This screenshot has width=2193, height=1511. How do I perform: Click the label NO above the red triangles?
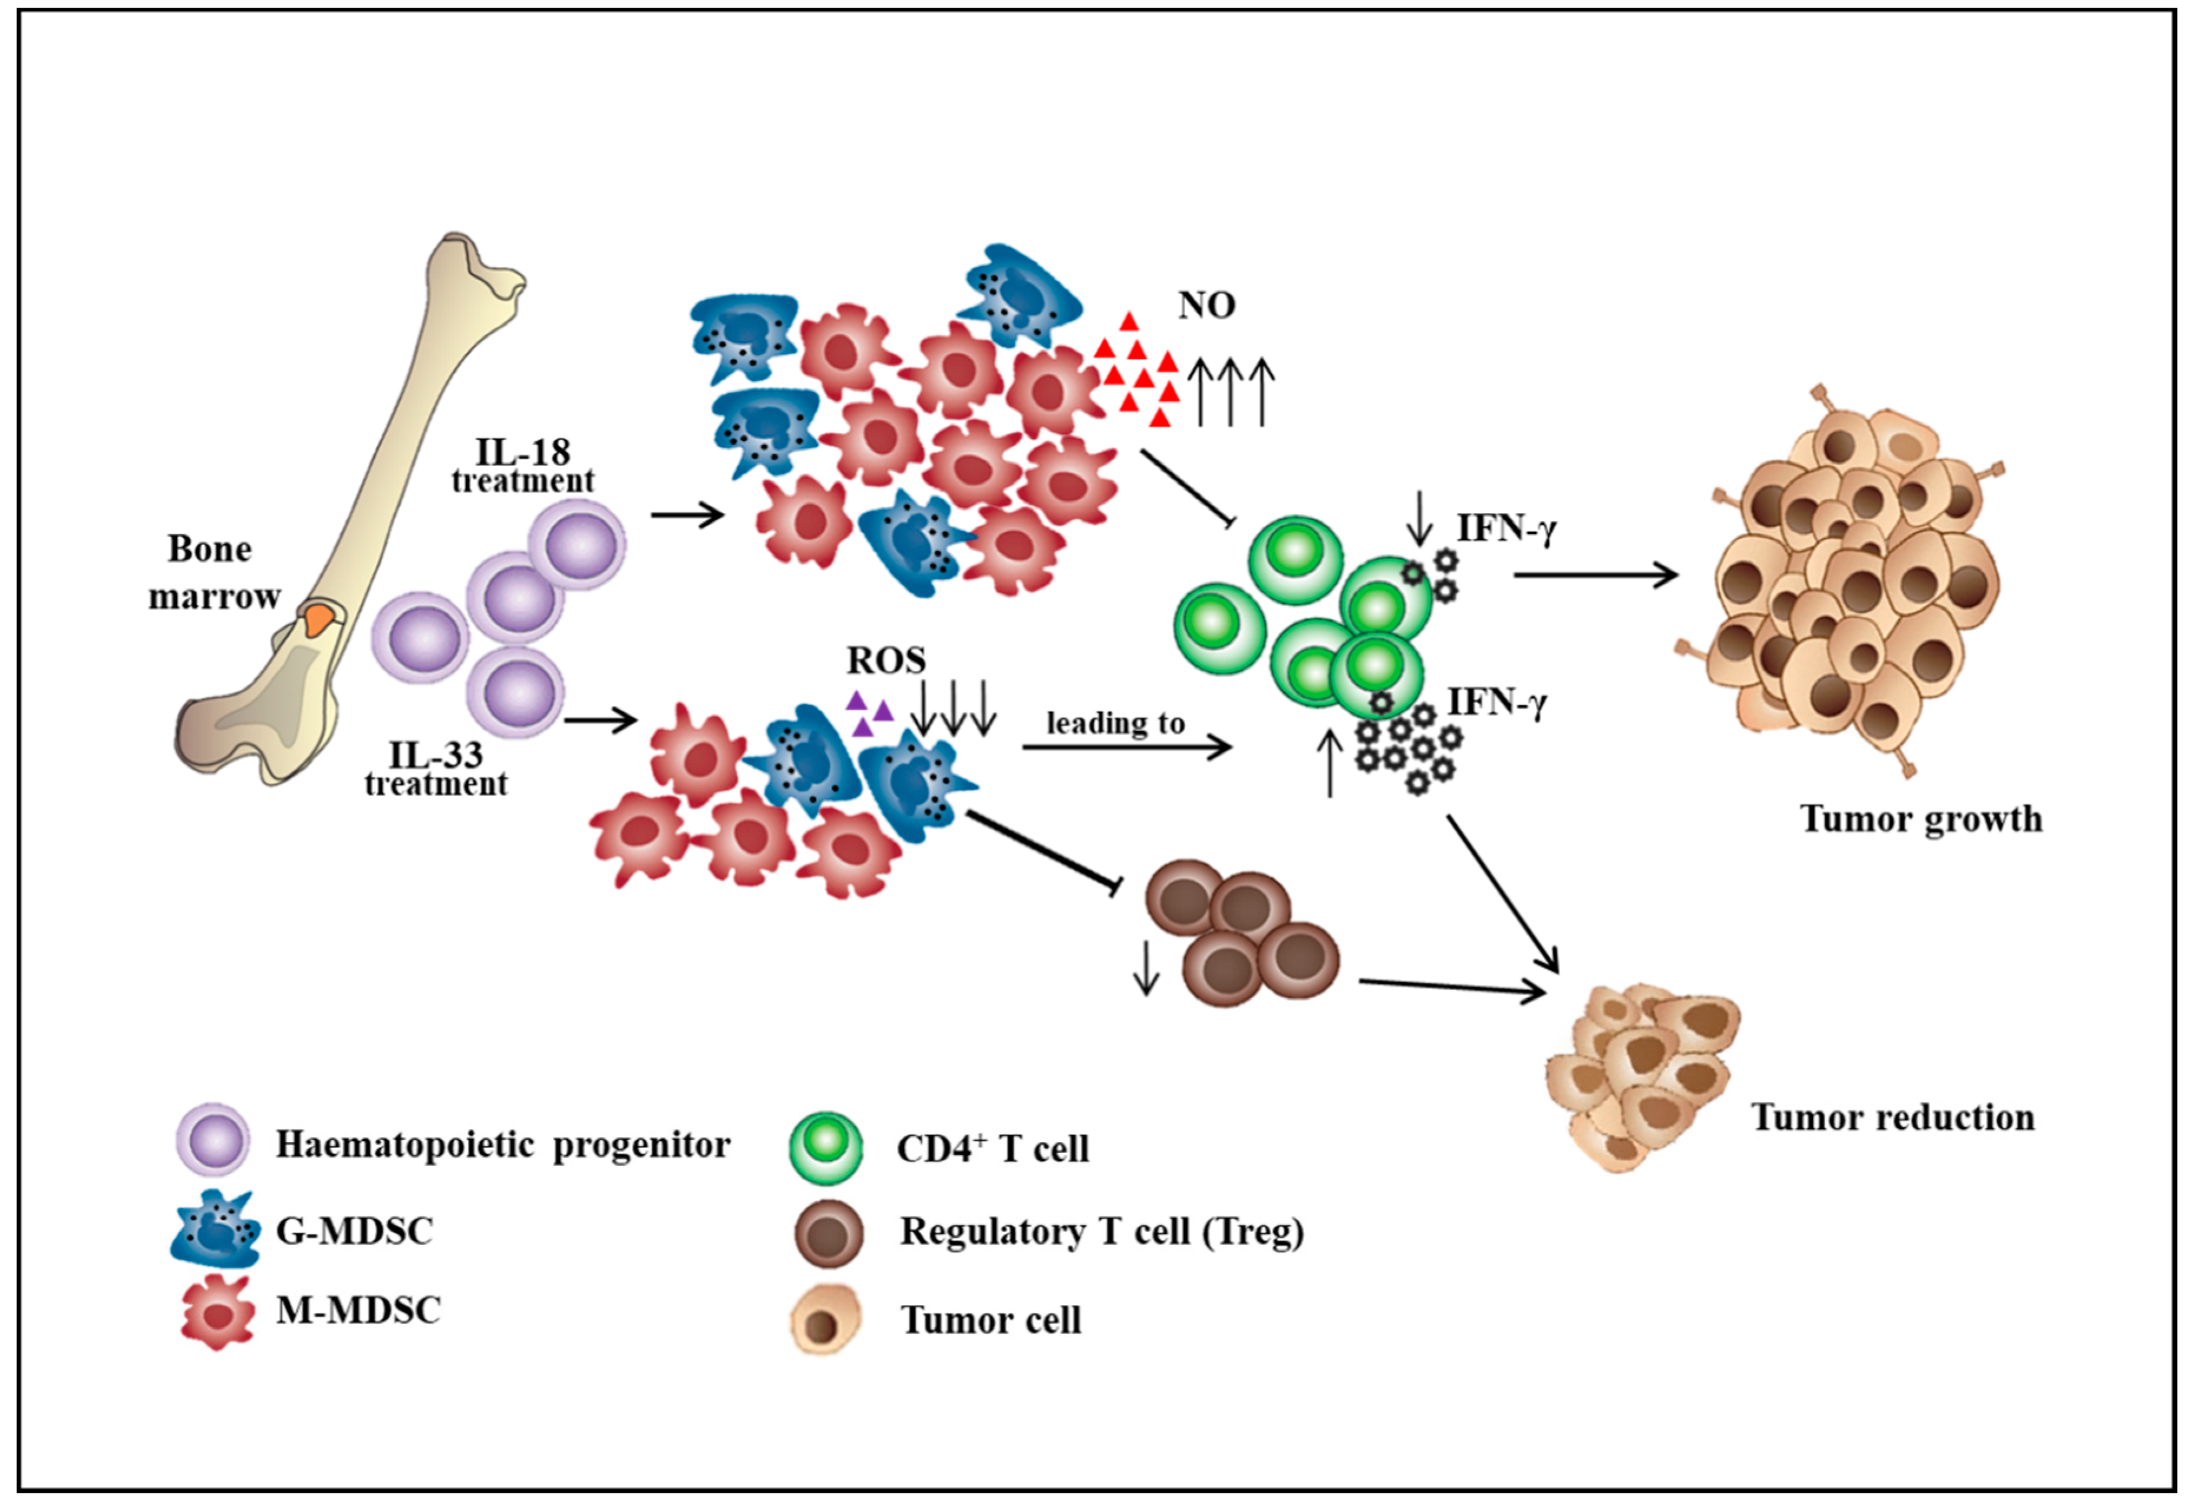1206,305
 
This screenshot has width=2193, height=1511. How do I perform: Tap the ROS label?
885,660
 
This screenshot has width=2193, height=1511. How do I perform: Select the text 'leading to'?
1116,723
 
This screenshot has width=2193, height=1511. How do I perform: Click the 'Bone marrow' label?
214,573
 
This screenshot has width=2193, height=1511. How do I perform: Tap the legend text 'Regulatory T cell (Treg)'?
1102,1232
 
